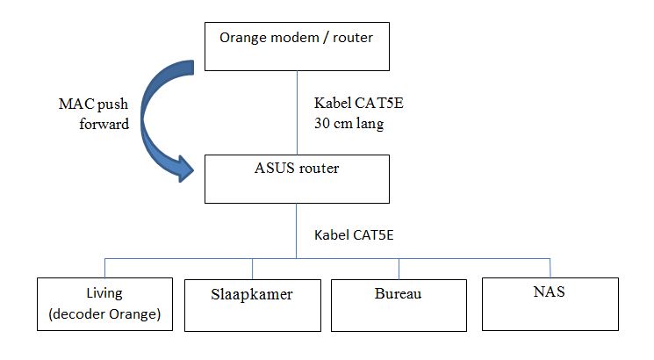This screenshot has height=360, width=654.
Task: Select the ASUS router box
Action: (296, 177)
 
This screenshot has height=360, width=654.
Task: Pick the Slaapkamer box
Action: (253, 303)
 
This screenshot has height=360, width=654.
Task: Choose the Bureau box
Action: (399, 303)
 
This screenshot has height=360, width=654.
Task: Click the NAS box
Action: (549, 303)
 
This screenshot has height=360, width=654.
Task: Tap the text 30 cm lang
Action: (349, 124)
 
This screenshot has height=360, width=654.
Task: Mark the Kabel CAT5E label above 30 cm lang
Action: (358, 104)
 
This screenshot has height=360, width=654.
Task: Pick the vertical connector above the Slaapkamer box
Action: (253, 268)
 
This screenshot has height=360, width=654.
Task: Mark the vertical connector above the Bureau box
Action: (399, 268)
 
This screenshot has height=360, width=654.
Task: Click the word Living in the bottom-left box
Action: (105, 293)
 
